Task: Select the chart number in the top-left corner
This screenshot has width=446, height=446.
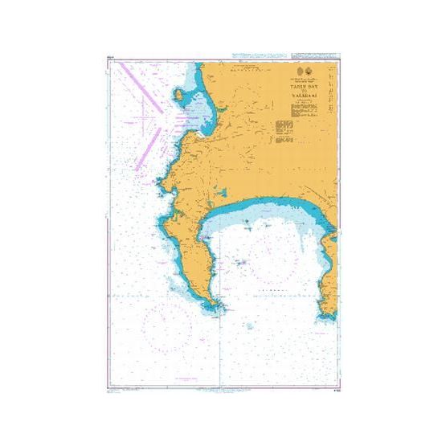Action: [x=110, y=56]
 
